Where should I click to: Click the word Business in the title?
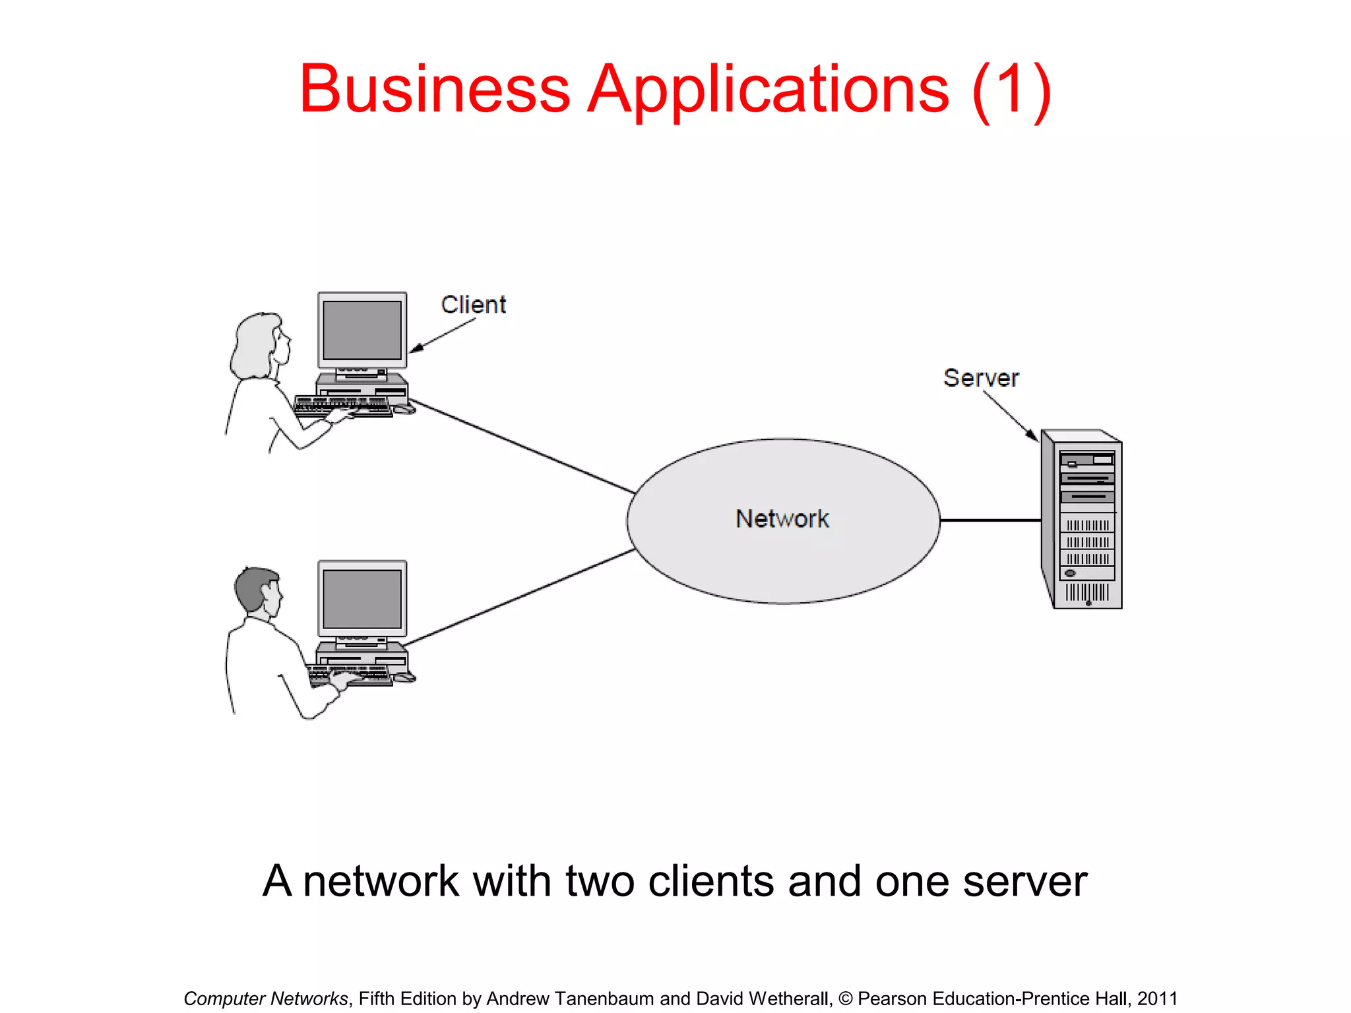pyautogui.click(x=435, y=89)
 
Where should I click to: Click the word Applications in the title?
pyautogui.click(x=769, y=89)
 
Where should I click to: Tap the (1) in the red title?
pyautogui.click(x=1011, y=89)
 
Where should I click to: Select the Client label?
pyautogui.click(x=473, y=305)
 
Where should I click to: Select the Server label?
pyautogui.click(x=981, y=378)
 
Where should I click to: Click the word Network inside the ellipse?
pyautogui.click(x=782, y=519)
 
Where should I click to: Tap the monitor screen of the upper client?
pyautogui.click(x=362, y=330)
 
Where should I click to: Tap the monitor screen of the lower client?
pyautogui.click(x=362, y=599)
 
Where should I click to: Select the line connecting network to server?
pyautogui.click(x=990, y=520)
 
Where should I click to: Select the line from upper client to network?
pyautogui.click(x=521, y=446)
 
